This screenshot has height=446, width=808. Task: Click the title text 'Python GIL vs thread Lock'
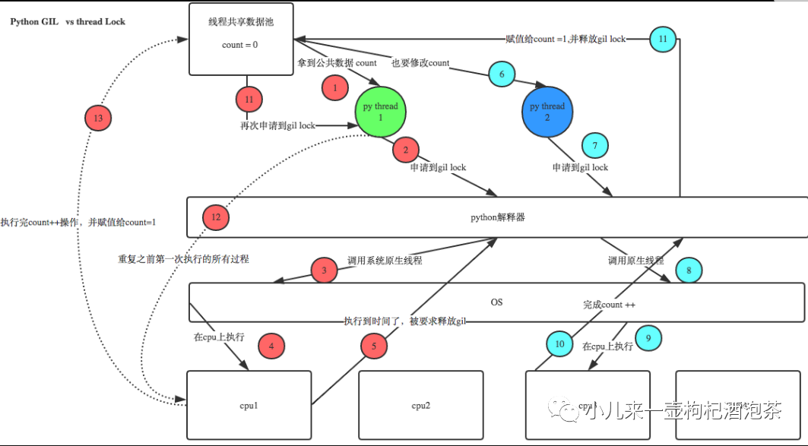pos(68,22)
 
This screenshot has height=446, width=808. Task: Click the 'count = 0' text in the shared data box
pos(239,45)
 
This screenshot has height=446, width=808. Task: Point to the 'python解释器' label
pos(498,217)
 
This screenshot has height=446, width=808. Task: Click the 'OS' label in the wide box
pos(496,302)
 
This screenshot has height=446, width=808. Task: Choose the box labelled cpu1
pos(249,405)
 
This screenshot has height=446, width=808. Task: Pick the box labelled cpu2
pos(421,405)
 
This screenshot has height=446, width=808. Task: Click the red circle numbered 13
pos(97,119)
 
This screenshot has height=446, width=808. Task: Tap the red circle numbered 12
pos(216,217)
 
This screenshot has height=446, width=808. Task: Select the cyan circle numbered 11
pos(663,38)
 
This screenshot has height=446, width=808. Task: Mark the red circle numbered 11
pos(248,99)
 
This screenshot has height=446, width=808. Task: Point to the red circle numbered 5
pos(373,346)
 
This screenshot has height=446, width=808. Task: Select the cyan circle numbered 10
pos(559,344)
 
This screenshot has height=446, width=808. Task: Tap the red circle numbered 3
pos(325,270)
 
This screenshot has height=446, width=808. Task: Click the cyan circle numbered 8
pos(689,270)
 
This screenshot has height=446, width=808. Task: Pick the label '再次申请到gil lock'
pos(277,125)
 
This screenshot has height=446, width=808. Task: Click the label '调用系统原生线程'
pos(385,260)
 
